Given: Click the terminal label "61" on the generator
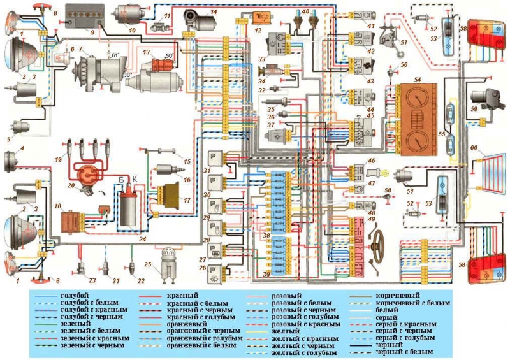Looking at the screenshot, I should (115, 56).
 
